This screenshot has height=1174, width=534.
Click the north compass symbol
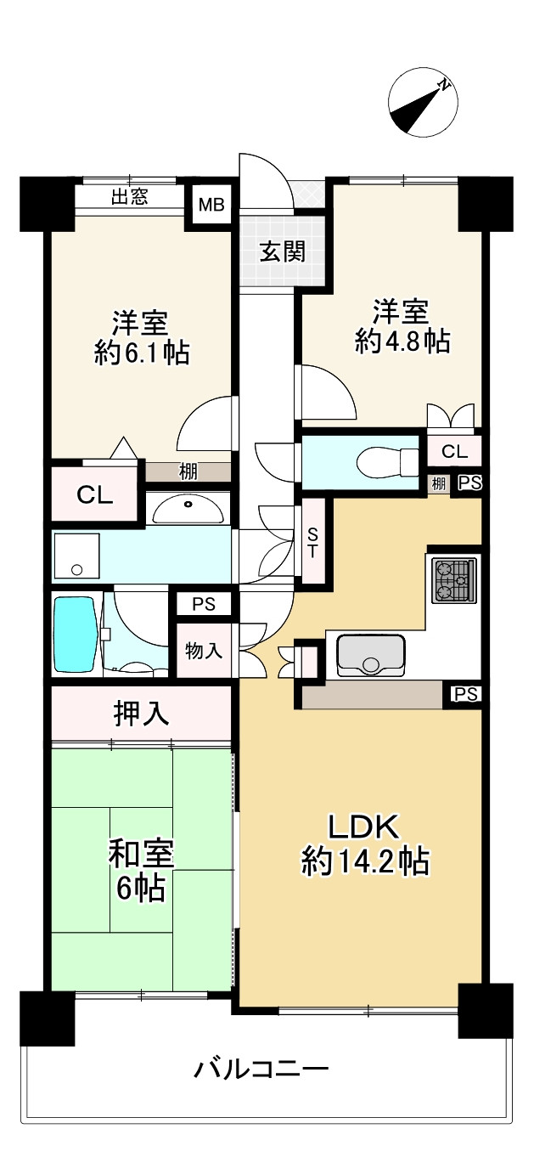[423, 103]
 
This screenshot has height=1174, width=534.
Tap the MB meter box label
[211, 204]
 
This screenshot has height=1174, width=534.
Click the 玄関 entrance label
[283, 253]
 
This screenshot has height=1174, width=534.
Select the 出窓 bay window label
[129, 196]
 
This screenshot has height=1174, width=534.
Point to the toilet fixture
[387, 461]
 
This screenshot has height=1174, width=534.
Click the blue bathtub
[76, 634]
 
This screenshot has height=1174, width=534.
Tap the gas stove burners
[454, 580]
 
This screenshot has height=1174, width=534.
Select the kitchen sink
[371, 655]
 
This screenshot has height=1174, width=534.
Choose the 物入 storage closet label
[204, 652]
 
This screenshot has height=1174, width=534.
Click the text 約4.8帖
[402, 341]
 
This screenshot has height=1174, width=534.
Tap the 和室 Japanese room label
[141, 853]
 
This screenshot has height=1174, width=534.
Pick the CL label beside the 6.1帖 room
[95, 494]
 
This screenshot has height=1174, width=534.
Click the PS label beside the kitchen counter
[465, 694]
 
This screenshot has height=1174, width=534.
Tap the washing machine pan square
[76, 556]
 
